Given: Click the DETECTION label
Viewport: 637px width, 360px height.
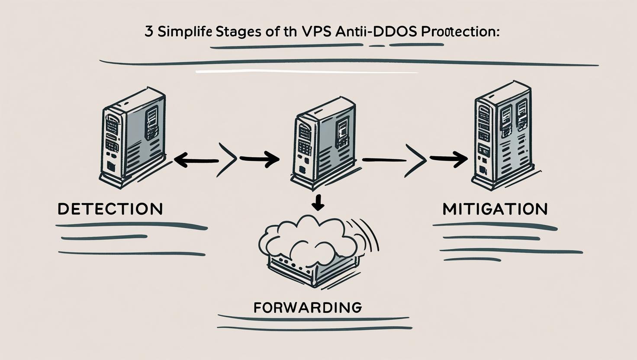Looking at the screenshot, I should coord(110,209).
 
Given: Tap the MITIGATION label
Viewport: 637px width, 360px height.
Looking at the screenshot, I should coord(495,209).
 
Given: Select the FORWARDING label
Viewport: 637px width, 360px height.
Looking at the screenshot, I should coord(307,308).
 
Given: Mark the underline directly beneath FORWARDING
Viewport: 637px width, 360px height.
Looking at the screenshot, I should coord(314,319).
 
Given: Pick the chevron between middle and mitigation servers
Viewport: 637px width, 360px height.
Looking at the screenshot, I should coord(416,160).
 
